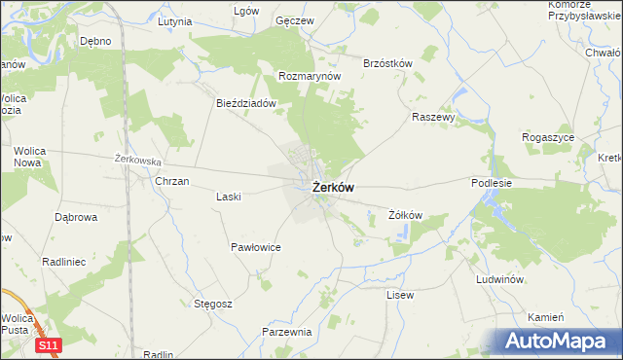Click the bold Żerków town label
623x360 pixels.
[x=333, y=189]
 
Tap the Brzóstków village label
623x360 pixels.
[x=387, y=63]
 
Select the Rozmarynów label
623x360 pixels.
[x=309, y=75]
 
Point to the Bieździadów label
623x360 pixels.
[x=247, y=102]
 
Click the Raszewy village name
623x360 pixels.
[x=433, y=116]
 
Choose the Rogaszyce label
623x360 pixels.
[x=548, y=137]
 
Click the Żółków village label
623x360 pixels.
[x=404, y=215]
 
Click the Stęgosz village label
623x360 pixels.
[x=211, y=304]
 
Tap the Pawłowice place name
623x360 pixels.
[x=256, y=247]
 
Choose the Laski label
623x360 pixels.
[x=228, y=196]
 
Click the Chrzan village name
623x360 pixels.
[x=171, y=181]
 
